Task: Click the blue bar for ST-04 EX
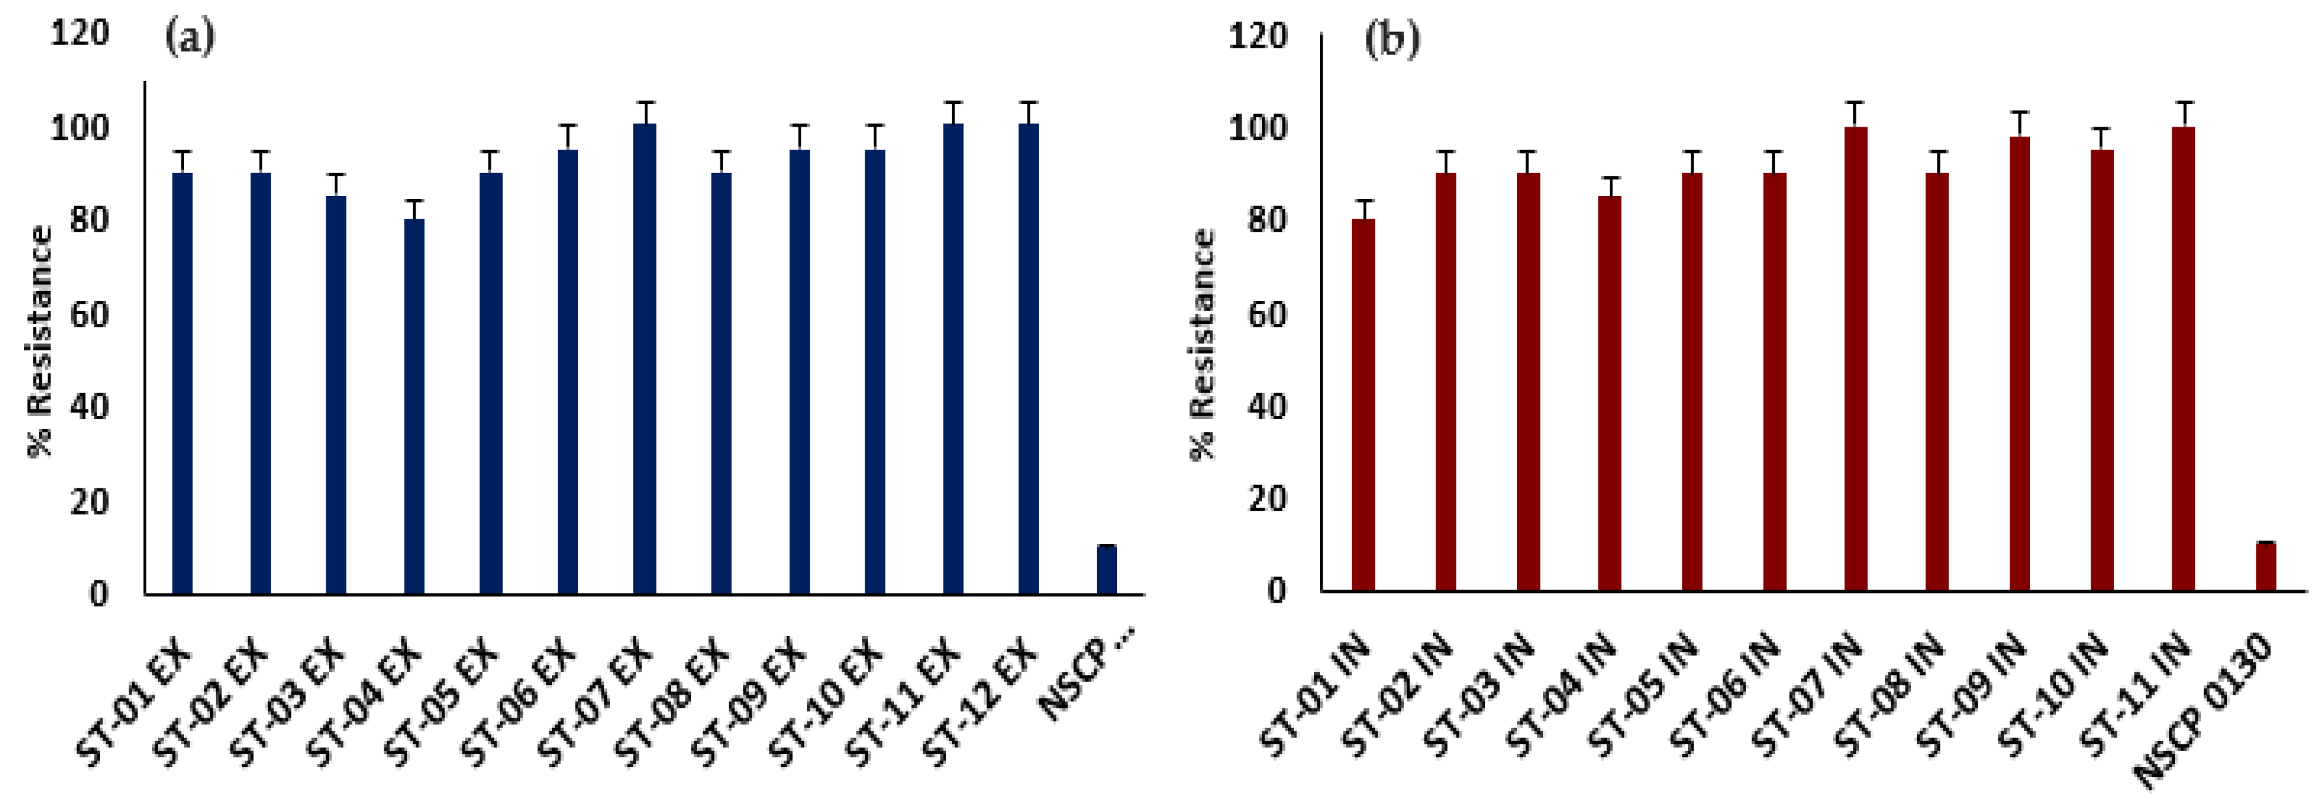coord(414,405)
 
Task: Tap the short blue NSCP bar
coord(1107,570)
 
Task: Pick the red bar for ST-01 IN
coord(1363,405)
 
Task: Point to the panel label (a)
coord(189,38)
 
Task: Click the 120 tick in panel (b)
coord(1258,36)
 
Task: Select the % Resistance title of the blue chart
coord(40,341)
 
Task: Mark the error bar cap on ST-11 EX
coord(953,103)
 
